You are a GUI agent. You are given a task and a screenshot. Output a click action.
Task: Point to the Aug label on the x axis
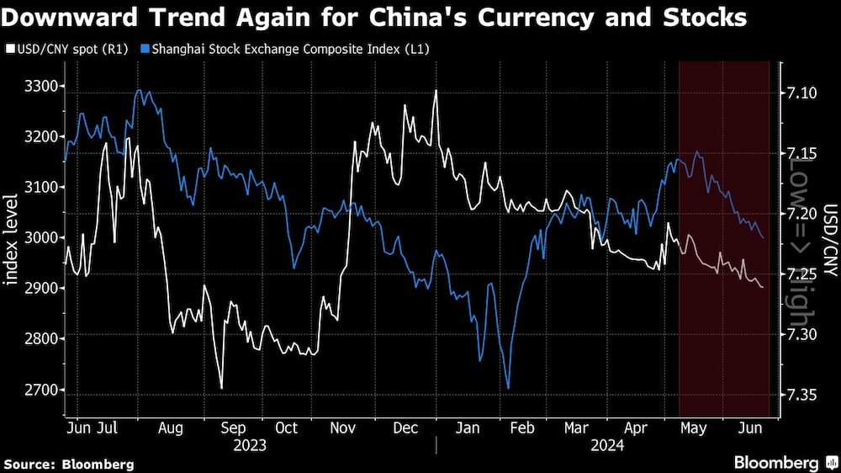(x=171, y=428)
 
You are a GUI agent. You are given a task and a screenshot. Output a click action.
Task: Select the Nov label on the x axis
(x=342, y=428)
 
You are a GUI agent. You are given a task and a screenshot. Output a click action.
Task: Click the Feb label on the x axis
(x=522, y=428)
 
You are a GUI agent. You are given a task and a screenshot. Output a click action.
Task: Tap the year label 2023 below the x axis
(x=250, y=445)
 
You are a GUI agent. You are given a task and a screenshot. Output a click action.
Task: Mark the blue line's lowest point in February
(x=508, y=388)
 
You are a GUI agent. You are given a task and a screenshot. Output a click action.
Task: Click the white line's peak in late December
(x=436, y=91)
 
